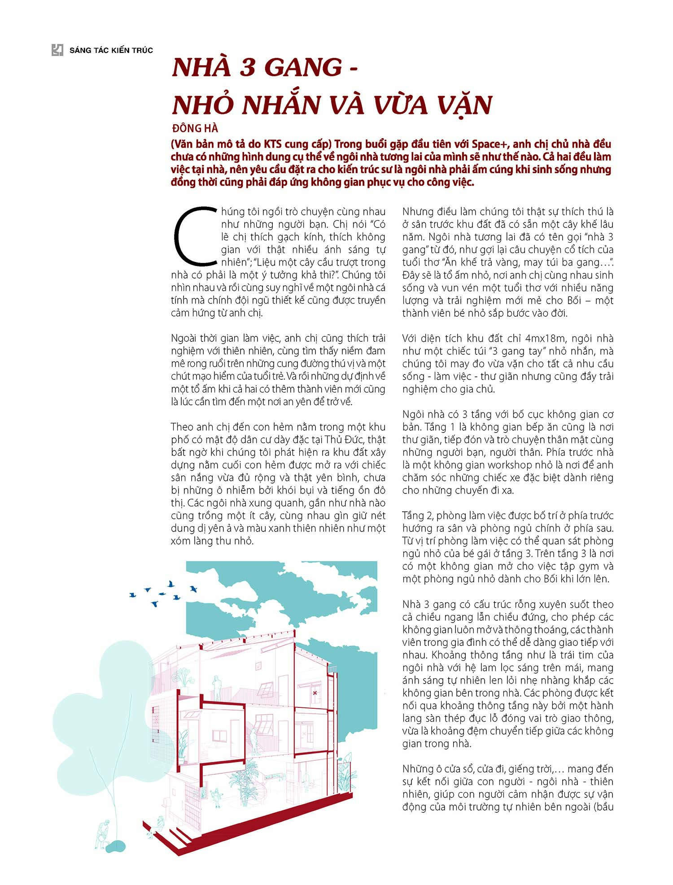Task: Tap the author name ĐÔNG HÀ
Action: (195, 129)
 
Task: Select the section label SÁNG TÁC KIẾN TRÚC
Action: (111, 50)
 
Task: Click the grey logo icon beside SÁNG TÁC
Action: (57, 50)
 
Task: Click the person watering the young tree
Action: (103, 834)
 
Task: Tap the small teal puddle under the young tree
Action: (116, 846)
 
